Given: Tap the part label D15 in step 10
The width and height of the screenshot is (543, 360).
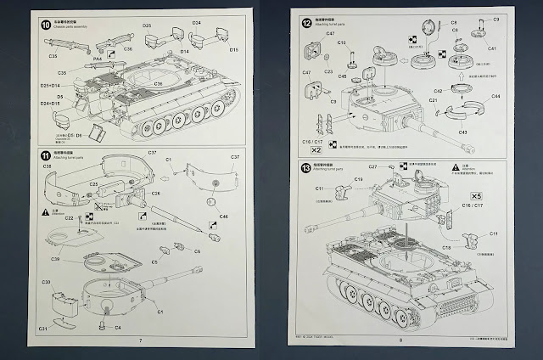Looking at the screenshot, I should click(x=233, y=50).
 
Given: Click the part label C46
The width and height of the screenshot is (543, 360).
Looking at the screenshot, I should click(x=223, y=217).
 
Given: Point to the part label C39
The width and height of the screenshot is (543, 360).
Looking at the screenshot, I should click(x=54, y=258).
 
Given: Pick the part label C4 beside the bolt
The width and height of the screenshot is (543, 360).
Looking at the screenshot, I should click(x=117, y=327).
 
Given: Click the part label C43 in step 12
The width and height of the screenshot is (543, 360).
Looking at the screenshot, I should click(x=462, y=132).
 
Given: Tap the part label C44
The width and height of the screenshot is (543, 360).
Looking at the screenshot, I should click(x=495, y=96).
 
